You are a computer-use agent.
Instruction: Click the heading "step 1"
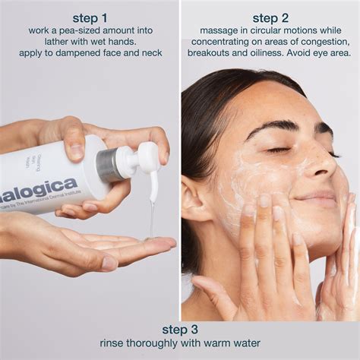(x=90, y=17)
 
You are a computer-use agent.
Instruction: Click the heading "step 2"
(x=270, y=17)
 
